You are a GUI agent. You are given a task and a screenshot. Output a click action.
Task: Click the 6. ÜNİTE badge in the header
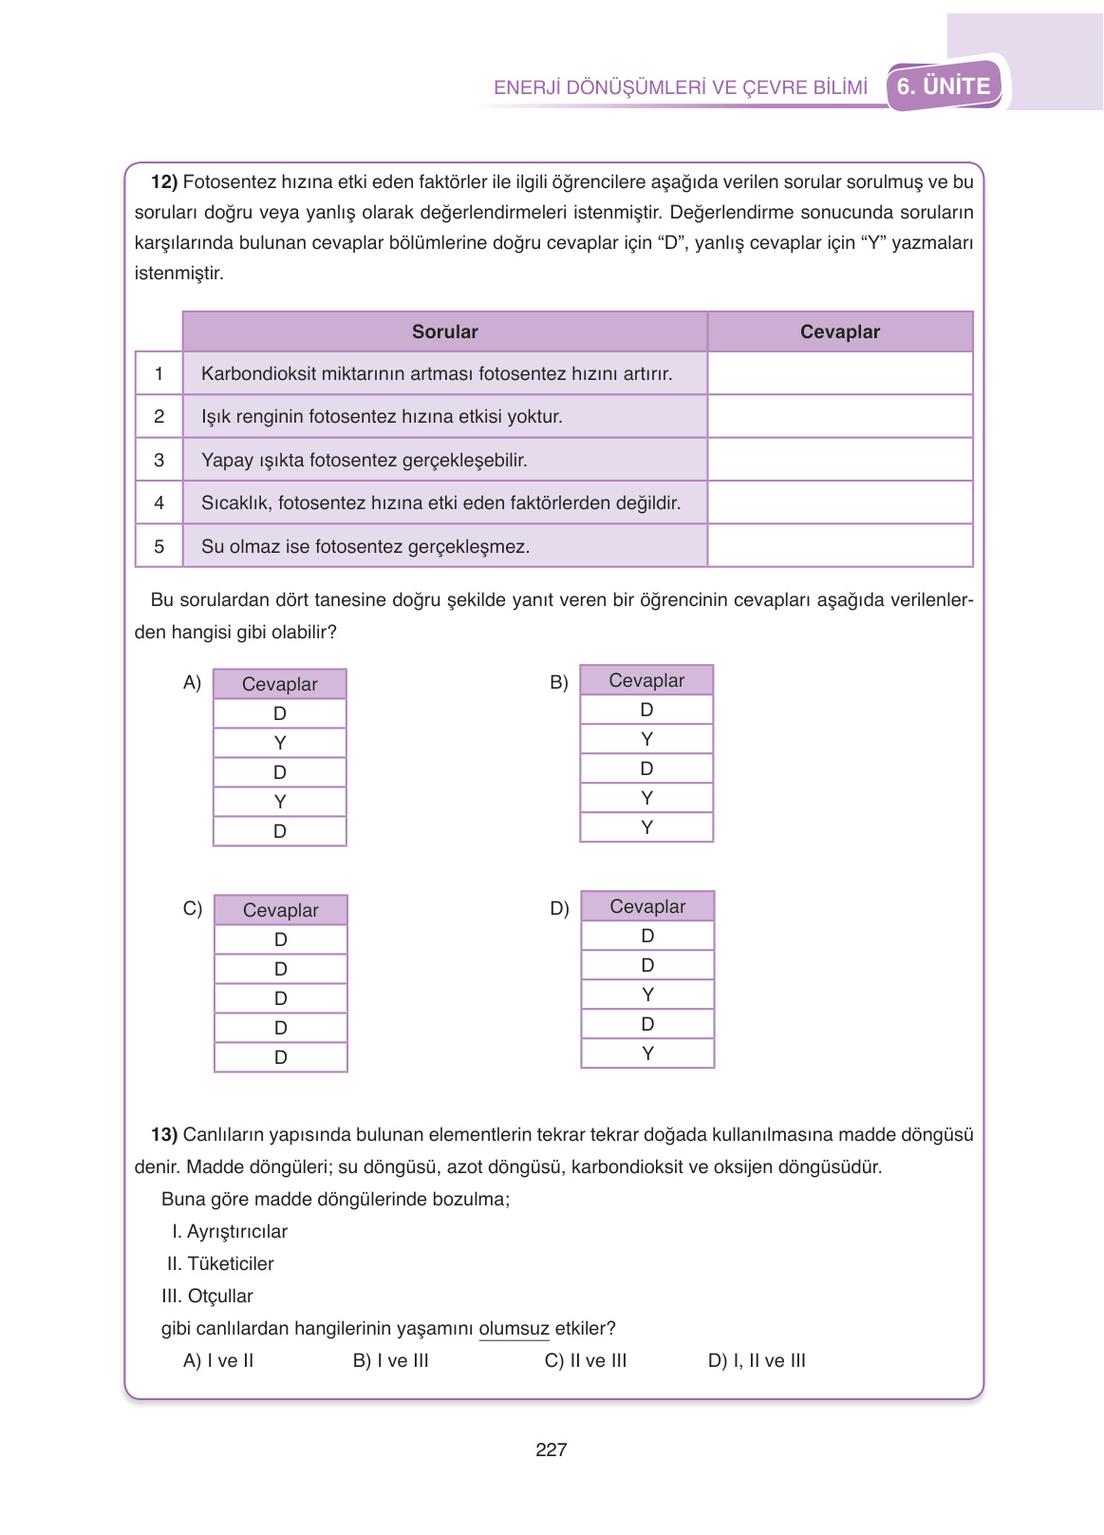(x=944, y=86)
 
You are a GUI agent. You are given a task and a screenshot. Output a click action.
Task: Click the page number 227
(x=551, y=1450)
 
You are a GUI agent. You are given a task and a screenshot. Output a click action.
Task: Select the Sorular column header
(x=444, y=332)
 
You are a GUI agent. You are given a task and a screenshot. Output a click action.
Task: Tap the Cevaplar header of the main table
(x=839, y=332)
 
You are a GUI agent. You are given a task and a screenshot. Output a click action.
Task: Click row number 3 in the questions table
(x=159, y=460)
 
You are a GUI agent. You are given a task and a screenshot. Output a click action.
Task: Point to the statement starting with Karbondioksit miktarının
(x=436, y=373)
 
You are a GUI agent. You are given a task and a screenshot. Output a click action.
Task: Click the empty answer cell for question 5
(x=839, y=546)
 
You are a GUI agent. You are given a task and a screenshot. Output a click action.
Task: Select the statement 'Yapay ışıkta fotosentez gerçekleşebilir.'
(x=364, y=460)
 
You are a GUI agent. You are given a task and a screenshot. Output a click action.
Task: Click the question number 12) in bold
(x=164, y=181)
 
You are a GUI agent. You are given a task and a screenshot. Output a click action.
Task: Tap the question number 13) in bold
(x=164, y=1134)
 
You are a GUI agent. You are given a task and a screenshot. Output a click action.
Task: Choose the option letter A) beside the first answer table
(x=192, y=682)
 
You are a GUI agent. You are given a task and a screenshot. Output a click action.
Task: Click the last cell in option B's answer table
(x=646, y=827)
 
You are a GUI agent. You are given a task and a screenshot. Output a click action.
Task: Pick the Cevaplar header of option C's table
(x=281, y=910)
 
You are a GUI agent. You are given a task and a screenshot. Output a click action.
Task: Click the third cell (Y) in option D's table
(x=647, y=995)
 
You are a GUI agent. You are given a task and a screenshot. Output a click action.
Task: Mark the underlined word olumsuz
(x=514, y=1328)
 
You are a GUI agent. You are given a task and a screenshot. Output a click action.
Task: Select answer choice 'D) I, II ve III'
(x=757, y=1360)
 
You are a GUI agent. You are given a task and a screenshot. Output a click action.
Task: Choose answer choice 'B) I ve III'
(x=390, y=1360)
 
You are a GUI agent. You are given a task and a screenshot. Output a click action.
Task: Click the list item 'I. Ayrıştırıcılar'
(x=230, y=1231)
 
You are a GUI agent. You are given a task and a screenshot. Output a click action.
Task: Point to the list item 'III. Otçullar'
(x=208, y=1296)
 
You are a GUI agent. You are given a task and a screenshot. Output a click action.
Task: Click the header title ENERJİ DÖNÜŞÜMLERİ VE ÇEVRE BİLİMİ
(x=681, y=87)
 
